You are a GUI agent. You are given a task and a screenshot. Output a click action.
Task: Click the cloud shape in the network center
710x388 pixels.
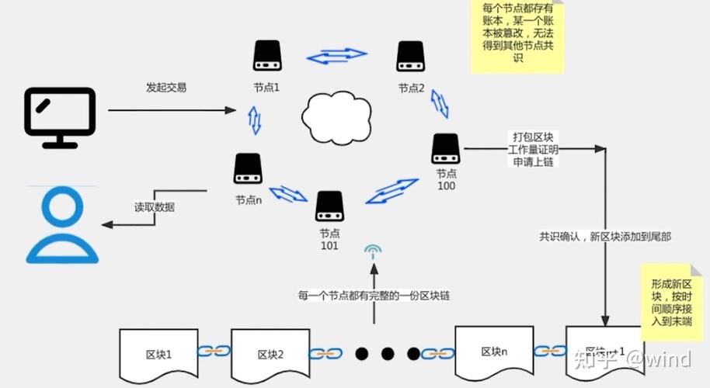(x=335, y=116)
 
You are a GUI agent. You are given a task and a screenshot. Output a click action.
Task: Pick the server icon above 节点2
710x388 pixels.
(x=410, y=57)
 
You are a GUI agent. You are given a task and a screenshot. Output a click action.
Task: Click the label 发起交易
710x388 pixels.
(x=166, y=87)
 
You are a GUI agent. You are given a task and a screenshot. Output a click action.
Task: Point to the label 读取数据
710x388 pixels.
(x=155, y=207)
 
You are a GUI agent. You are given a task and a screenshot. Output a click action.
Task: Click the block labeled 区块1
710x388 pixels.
(x=158, y=354)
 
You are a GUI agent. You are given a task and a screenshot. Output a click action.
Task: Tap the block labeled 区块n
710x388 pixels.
(x=493, y=350)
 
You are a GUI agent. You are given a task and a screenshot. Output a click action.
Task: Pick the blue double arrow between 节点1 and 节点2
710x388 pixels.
(x=336, y=56)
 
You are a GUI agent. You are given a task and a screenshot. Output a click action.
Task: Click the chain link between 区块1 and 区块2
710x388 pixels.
(x=214, y=352)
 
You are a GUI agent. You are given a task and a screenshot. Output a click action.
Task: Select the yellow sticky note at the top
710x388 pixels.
(x=517, y=36)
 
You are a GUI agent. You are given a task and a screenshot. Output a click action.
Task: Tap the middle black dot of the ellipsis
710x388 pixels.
(x=388, y=354)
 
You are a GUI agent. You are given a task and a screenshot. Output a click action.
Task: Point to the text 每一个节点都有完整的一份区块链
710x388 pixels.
(x=374, y=295)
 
